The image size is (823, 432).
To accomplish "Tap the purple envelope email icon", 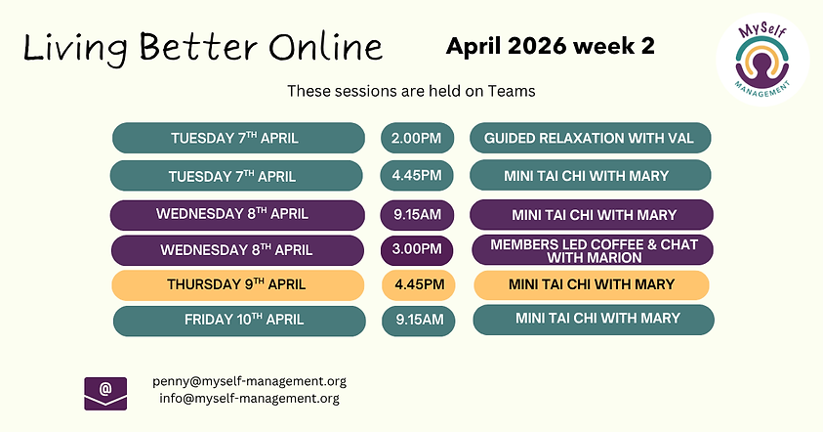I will (x=105, y=391).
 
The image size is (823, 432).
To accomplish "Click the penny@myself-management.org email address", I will (x=249, y=381).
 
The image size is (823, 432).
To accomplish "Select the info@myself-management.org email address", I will (x=249, y=398).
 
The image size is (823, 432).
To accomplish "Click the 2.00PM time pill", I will (x=416, y=138).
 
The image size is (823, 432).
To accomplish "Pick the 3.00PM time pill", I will (x=416, y=249).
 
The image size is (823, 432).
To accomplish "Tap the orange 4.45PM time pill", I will (x=419, y=285).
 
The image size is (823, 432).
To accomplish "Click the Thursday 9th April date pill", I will (x=237, y=285).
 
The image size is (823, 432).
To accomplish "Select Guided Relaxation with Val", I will (x=590, y=138).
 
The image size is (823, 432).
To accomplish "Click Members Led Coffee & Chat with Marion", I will (x=593, y=250).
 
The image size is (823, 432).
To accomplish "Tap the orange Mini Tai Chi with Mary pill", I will (x=592, y=284).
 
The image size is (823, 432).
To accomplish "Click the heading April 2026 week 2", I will (x=551, y=45).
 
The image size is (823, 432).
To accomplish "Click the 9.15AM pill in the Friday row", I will (x=419, y=320).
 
